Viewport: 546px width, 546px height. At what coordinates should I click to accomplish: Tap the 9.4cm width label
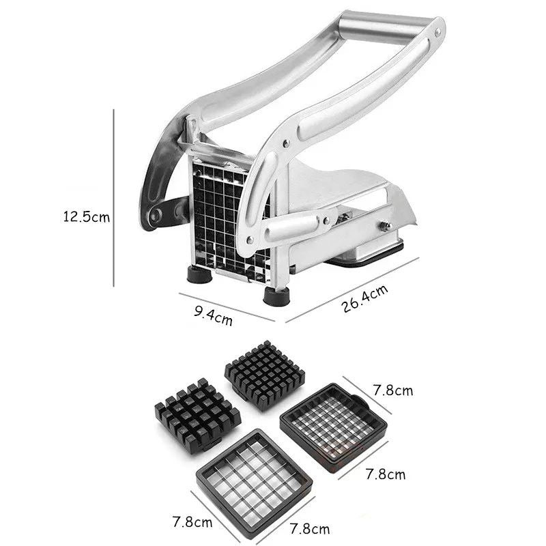coord(213,315)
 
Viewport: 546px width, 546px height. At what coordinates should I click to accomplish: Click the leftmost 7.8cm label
coord(191,523)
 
